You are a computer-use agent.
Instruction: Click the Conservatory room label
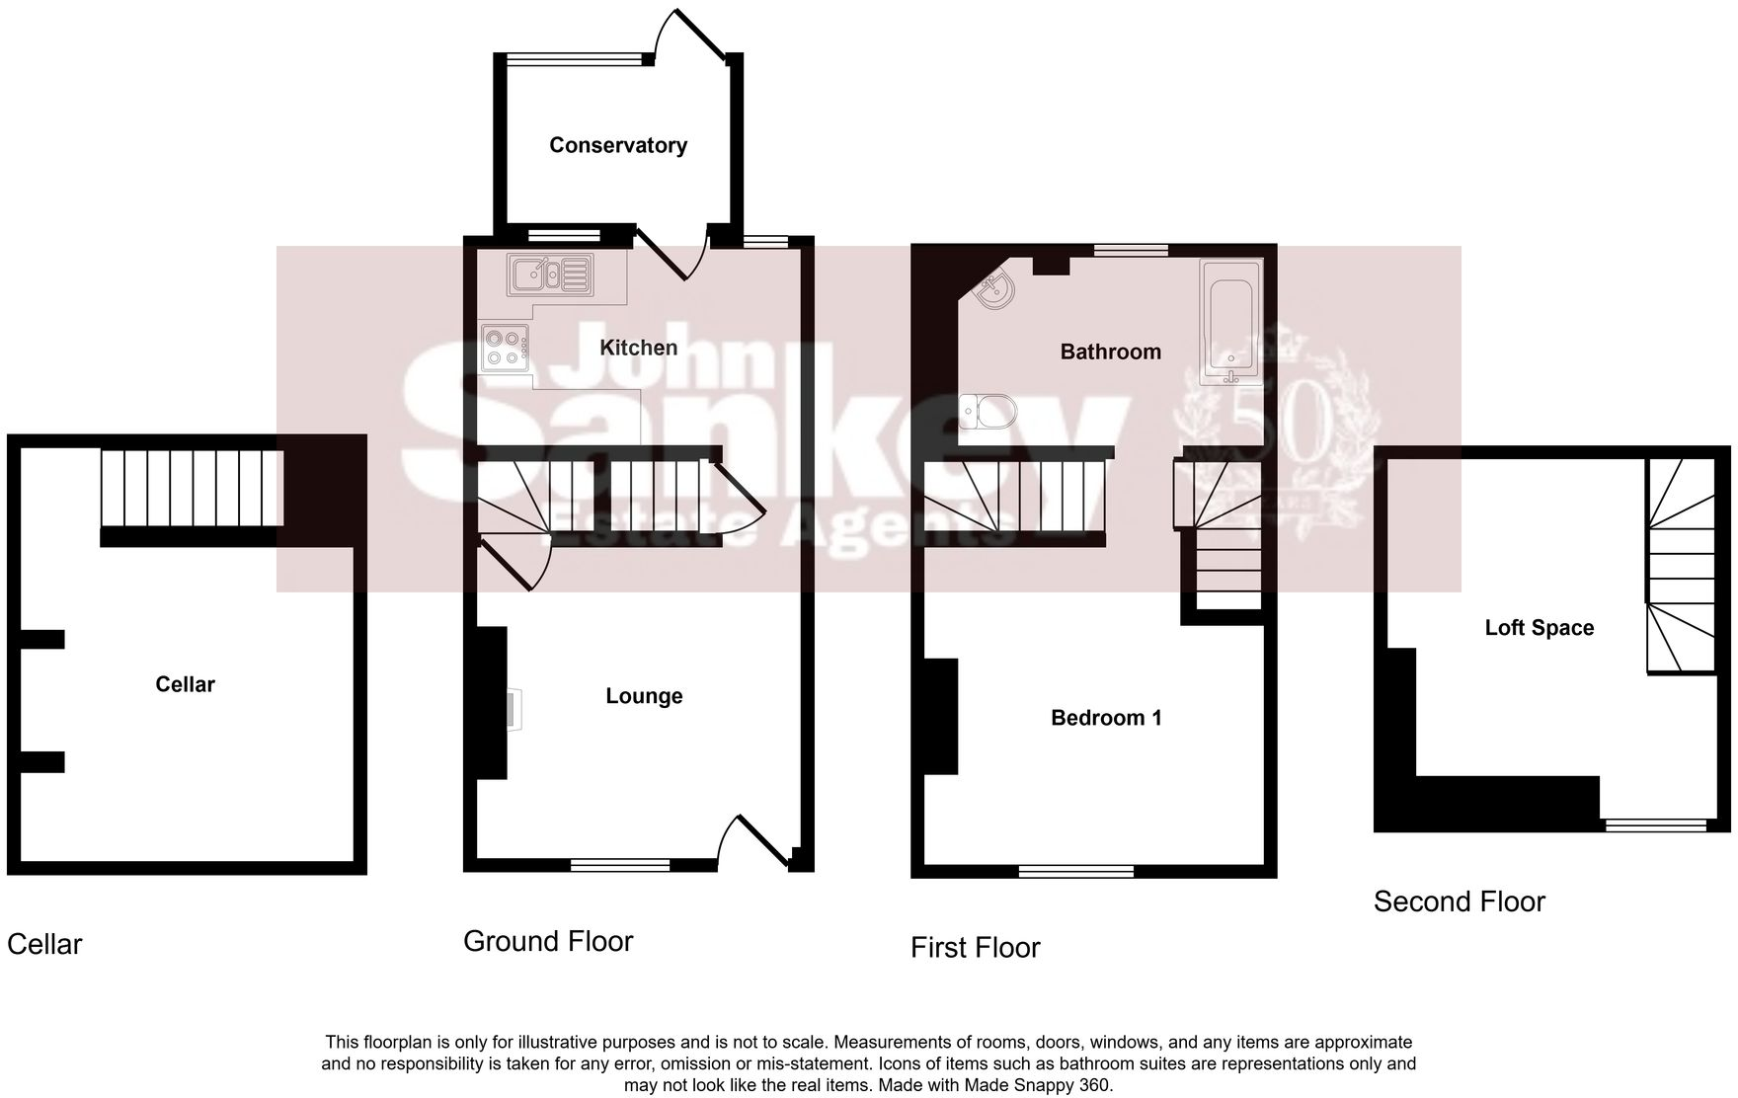click(x=618, y=145)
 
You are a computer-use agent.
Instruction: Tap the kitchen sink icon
click(x=550, y=274)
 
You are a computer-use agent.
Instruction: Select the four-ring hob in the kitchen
click(x=504, y=348)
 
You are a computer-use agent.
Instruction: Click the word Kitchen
click(x=639, y=348)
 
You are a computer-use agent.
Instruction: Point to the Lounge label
click(x=644, y=696)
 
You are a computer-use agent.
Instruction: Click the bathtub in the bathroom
click(x=1229, y=322)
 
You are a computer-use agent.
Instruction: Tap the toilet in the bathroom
click(x=986, y=410)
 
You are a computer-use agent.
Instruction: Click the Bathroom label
click(x=1110, y=352)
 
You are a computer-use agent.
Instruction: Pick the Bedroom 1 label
click(x=1106, y=718)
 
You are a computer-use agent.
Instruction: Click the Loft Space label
click(x=1539, y=628)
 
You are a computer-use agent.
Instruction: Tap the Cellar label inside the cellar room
click(x=185, y=684)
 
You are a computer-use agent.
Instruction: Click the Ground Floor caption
click(x=548, y=941)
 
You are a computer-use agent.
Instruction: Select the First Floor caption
click(x=975, y=948)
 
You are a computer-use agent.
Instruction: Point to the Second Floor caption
click(x=1459, y=902)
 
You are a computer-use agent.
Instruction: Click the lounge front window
click(x=620, y=865)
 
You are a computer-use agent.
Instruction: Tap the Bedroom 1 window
click(x=1075, y=871)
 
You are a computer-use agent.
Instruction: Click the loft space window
click(x=1655, y=824)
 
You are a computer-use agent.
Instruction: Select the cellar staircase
click(x=193, y=489)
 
